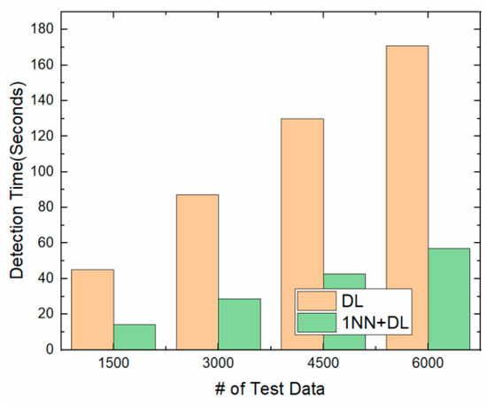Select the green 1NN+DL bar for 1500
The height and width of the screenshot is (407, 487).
pos(134,337)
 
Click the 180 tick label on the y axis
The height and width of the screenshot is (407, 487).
pos(46,29)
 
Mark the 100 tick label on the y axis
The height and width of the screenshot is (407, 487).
pos(46,172)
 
